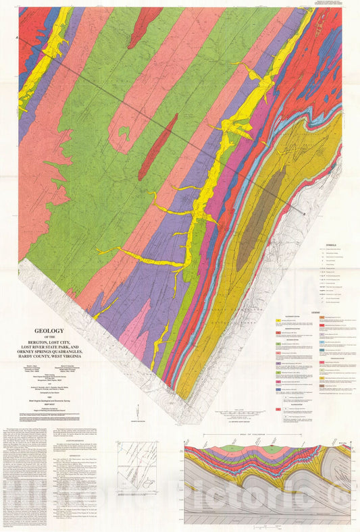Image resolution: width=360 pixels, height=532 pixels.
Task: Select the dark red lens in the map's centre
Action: click(158, 145)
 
